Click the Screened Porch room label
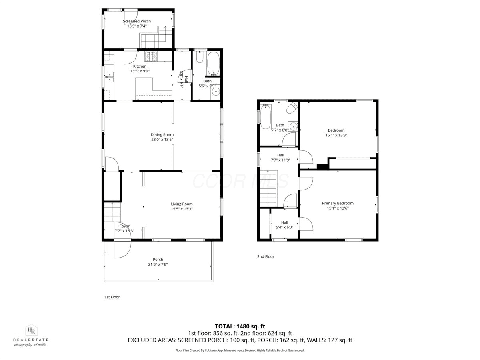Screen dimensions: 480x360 137,21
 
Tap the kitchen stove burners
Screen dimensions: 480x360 151,56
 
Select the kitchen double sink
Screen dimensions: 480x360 109,77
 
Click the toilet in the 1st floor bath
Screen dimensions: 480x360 200,57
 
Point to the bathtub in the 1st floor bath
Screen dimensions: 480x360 213,63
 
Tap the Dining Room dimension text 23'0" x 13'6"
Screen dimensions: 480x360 162,140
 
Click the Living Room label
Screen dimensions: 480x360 182,204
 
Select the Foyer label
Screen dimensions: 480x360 124,226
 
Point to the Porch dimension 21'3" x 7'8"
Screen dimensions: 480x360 158,264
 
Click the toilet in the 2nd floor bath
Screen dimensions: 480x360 292,108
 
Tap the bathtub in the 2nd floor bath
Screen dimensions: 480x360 266,117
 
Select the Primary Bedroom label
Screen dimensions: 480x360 338,203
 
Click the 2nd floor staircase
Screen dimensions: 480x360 268,188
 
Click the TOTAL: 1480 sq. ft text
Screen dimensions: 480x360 240,326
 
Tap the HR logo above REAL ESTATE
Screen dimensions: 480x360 32,331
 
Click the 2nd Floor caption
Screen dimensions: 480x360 266,256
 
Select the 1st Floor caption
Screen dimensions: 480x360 112,297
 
